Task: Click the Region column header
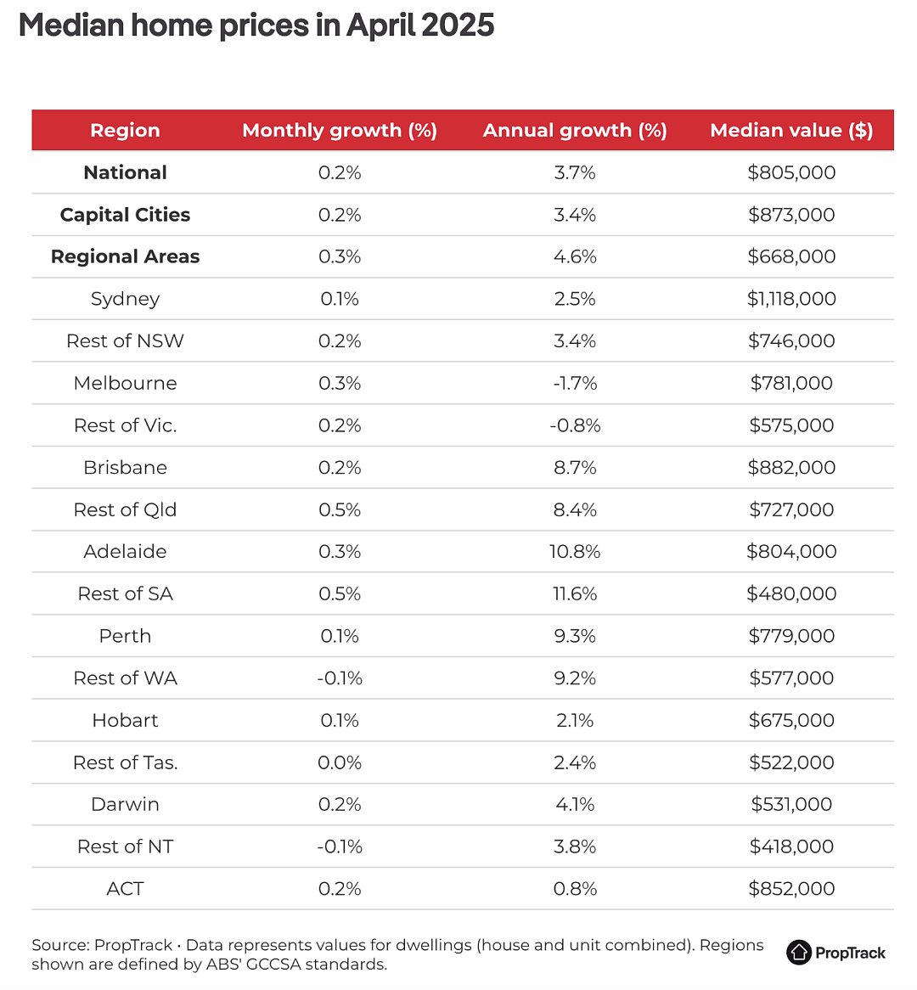(125, 130)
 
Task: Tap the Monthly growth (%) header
(340, 130)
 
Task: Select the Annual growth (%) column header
(575, 130)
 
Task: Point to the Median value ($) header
(791, 130)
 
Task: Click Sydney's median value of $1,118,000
(791, 299)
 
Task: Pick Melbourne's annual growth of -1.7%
(575, 383)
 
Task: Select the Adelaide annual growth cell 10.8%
(575, 552)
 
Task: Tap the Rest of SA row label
(125, 593)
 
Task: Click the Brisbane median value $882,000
(791, 467)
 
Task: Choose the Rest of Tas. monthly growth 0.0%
(340, 762)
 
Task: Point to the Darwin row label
(125, 804)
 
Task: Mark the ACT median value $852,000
(791, 889)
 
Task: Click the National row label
(125, 172)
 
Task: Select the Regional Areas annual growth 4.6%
(575, 257)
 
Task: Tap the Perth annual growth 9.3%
(575, 636)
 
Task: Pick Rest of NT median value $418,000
(791, 847)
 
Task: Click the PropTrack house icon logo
(799, 952)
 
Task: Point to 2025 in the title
(458, 25)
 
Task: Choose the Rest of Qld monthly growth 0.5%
(340, 509)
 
